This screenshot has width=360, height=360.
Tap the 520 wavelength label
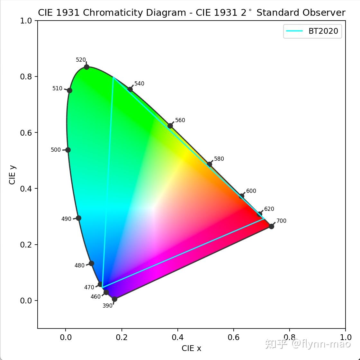81,60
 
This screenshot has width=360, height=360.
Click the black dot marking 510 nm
69,90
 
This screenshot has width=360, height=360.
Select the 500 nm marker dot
68,150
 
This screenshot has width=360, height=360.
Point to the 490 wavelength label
66,219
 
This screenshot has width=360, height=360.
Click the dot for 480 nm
91,263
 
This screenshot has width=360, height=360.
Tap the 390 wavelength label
107,306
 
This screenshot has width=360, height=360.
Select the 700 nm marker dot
271,226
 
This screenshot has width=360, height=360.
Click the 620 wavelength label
269,209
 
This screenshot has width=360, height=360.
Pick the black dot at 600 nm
242,196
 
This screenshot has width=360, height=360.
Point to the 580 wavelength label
219,159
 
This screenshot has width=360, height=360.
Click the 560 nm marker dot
170,126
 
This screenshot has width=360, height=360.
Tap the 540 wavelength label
139,84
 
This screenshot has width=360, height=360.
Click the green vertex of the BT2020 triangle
113,77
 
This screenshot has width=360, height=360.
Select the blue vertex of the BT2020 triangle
102,287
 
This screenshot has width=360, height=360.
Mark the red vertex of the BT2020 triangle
264,219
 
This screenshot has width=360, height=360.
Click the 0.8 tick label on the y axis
27,76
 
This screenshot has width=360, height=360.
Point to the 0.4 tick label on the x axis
177,337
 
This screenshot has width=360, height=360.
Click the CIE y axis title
12,175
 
